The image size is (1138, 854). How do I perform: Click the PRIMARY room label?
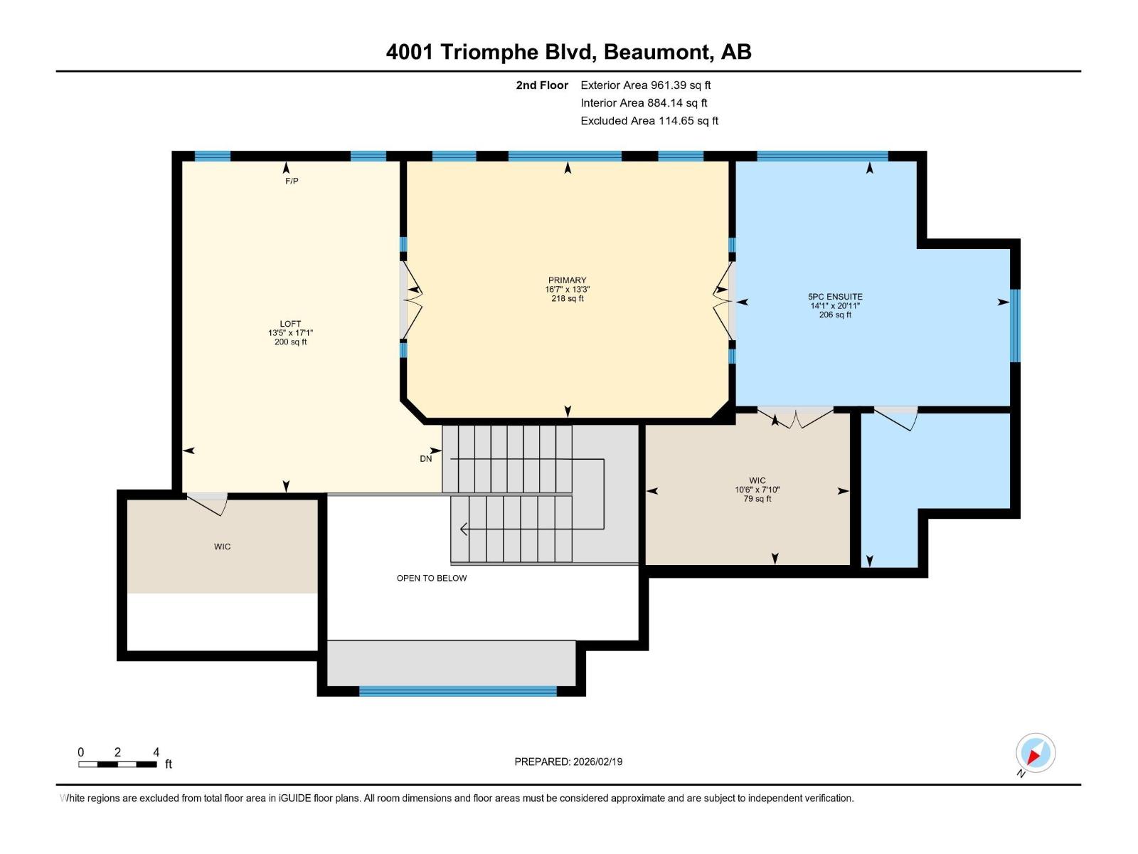pos(567,280)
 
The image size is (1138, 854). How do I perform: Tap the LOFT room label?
pos(290,324)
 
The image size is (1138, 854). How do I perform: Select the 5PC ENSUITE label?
pos(835,297)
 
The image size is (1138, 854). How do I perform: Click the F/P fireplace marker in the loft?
pos(292,181)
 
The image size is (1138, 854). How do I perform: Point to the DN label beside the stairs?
pos(425,459)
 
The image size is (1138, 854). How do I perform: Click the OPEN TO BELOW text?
pos(432,578)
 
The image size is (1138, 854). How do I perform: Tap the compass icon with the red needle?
pos(1035,753)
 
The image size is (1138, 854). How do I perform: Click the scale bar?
pos(117,764)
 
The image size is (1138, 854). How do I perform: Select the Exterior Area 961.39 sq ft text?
pos(645,85)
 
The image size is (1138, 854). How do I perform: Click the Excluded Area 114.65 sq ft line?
pos(649,121)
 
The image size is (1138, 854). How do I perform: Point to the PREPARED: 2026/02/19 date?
pos(568,761)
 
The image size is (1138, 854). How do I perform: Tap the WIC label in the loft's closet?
pos(222,547)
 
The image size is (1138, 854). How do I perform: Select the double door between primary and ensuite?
pos(724,300)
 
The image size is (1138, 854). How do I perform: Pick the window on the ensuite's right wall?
pos(1015,325)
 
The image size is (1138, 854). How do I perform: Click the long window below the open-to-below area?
pos(457,691)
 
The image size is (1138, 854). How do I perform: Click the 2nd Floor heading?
pos(542,85)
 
